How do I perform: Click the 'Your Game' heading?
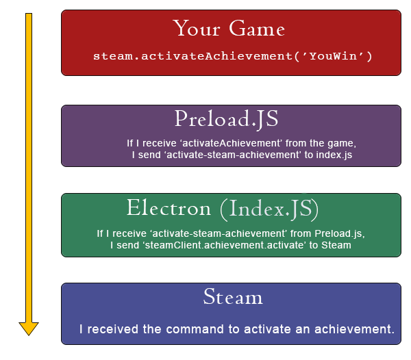(x=229, y=29)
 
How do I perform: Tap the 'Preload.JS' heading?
(x=226, y=119)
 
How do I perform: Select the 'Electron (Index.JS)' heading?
(x=223, y=208)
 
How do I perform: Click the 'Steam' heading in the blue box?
(x=233, y=297)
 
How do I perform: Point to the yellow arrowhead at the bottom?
(x=29, y=328)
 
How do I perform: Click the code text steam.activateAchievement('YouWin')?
(x=233, y=56)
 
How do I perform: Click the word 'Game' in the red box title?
(x=258, y=29)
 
